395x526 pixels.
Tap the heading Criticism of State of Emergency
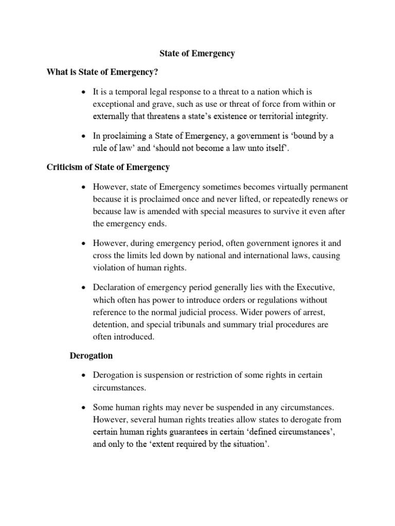107,167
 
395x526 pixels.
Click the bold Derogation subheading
91,355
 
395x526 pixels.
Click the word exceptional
114,104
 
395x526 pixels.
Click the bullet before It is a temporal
82,92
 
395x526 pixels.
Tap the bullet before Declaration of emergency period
82,288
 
